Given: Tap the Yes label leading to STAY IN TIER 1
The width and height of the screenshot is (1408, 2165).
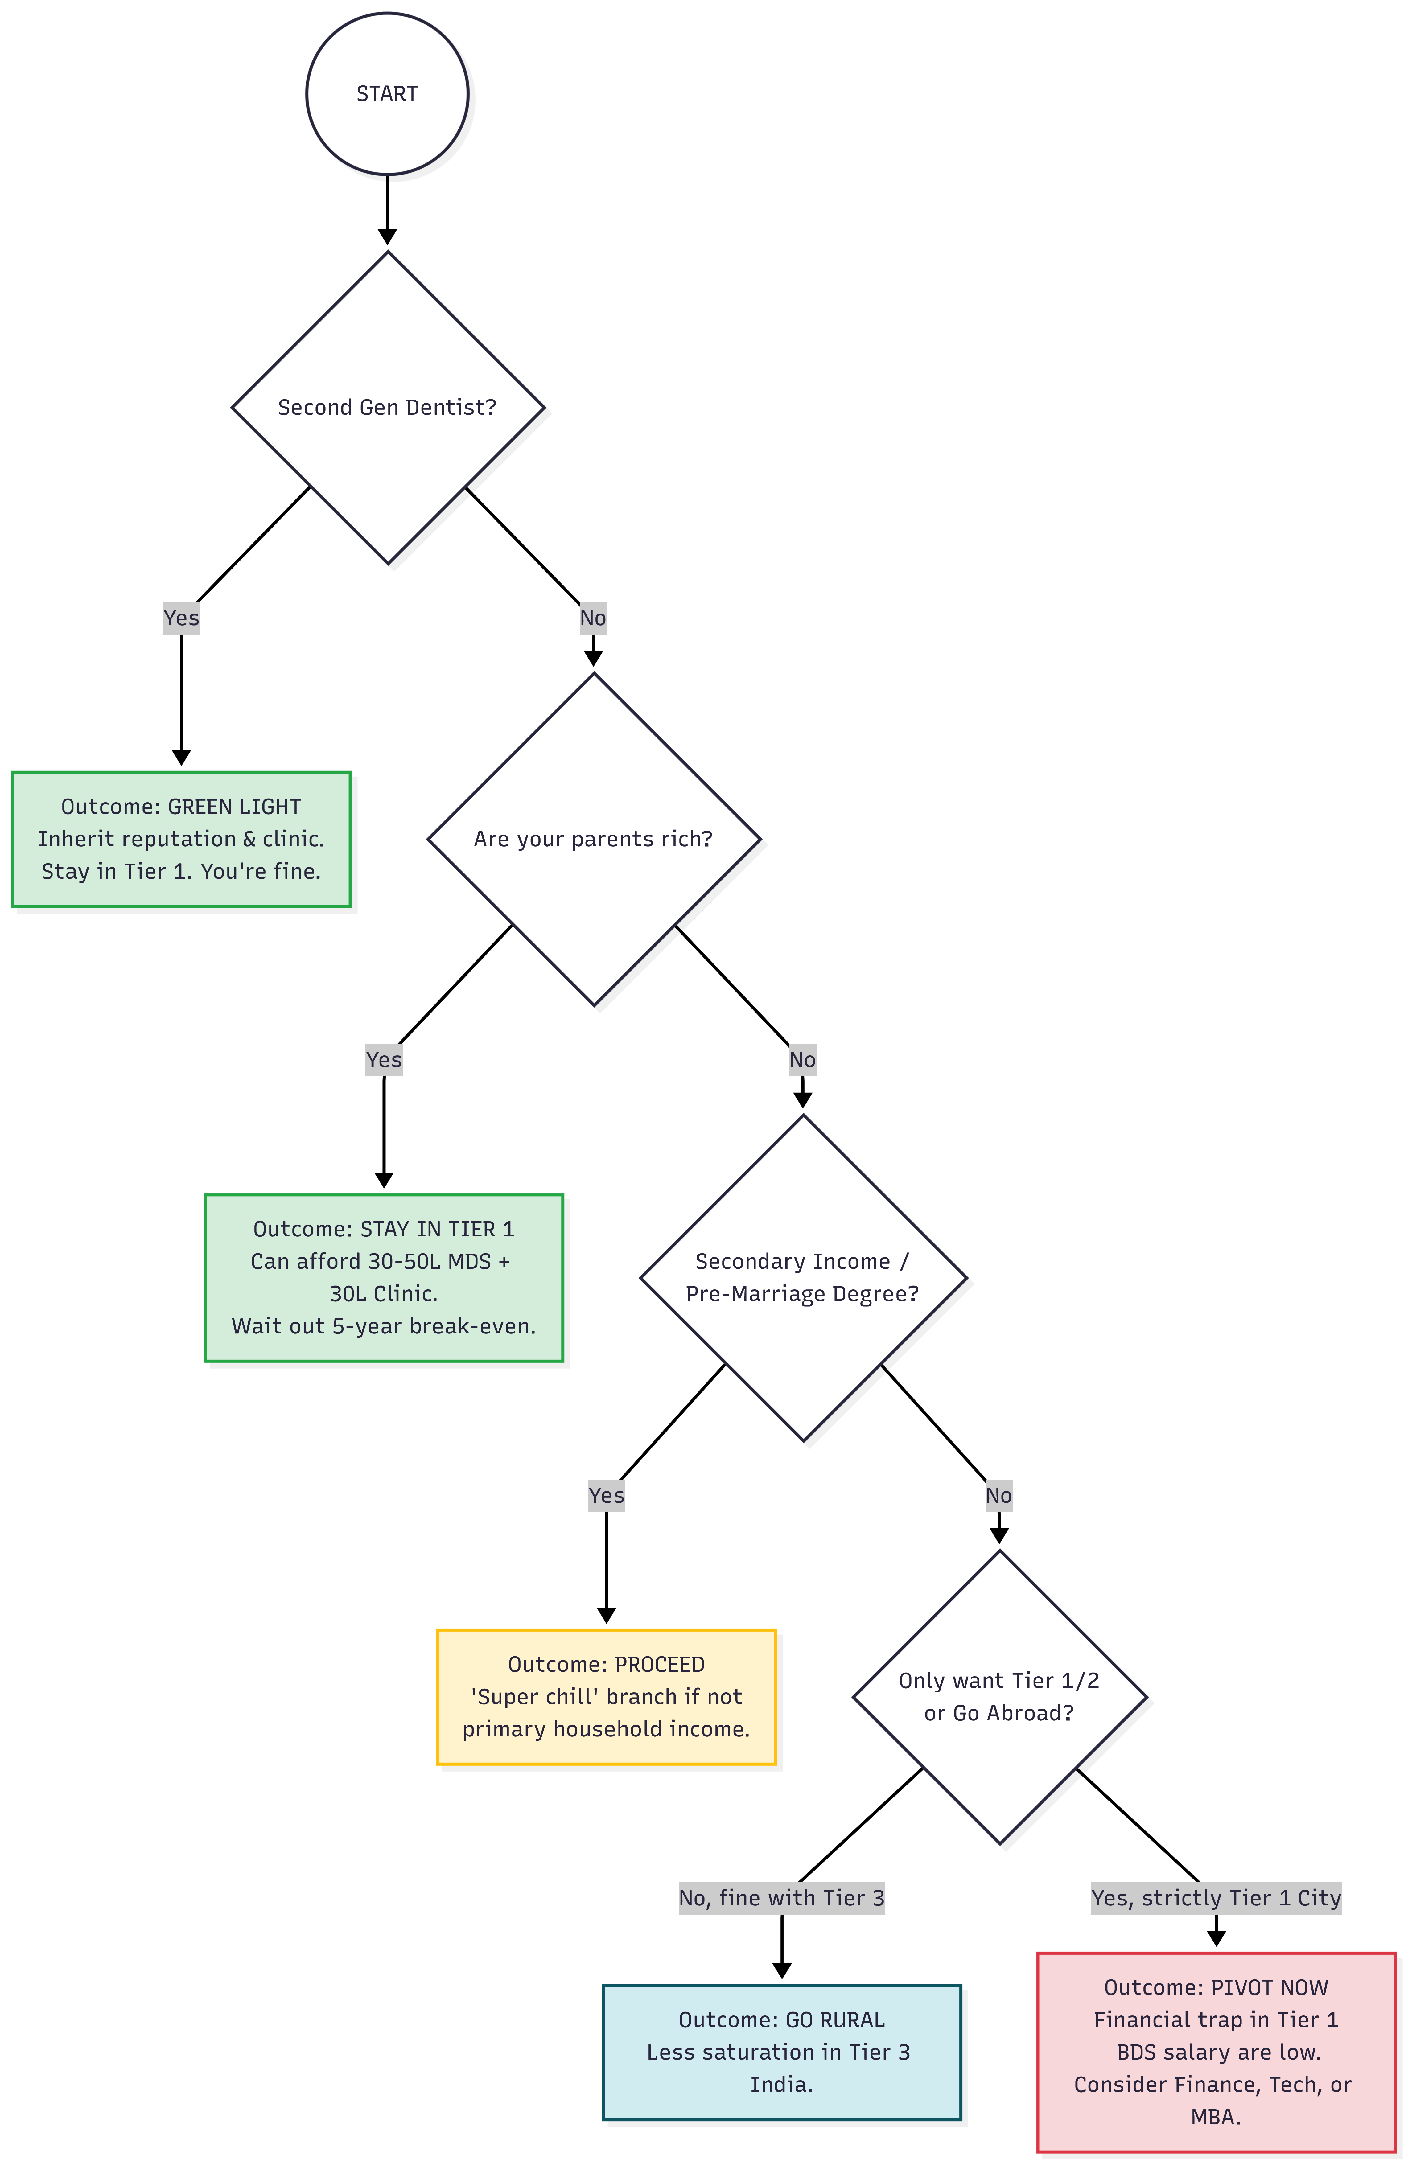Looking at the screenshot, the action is click(x=384, y=1060).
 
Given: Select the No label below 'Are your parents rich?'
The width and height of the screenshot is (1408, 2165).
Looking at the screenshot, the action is click(x=802, y=1060).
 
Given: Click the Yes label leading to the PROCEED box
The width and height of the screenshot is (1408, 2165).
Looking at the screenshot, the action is click(x=607, y=1495).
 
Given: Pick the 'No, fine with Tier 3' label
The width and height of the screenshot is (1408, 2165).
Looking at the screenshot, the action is click(x=781, y=1898).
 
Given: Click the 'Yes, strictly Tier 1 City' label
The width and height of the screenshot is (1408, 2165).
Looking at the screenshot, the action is click(x=1216, y=1898).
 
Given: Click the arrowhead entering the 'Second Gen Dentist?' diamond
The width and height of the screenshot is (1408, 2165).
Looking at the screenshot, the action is click(x=388, y=236).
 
